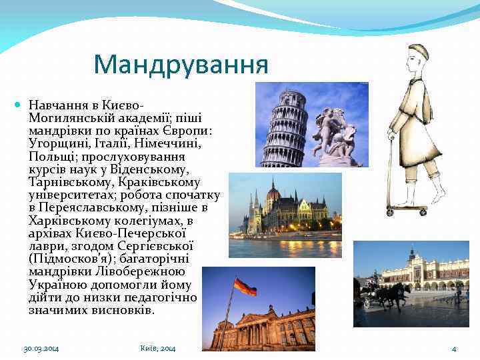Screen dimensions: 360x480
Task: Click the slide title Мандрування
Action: [181, 65]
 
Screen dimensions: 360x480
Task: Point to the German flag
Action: [245, 289]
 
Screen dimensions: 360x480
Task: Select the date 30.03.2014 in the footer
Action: [41, 349]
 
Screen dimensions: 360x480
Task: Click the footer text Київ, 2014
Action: [158, 349]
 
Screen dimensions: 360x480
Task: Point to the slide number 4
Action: [453, 349]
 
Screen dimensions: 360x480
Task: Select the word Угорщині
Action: [59, 143]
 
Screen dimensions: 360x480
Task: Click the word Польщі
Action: [49, 156]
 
